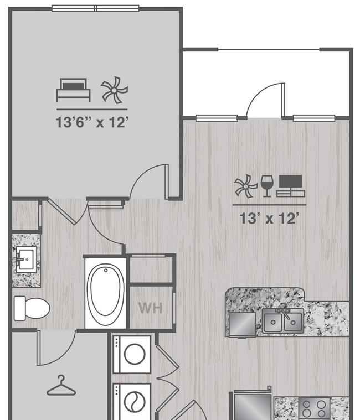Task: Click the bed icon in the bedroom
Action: pyautogui.click(x=73, y=90)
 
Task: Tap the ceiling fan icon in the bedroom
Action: pyautogui.click(x=115, y=90)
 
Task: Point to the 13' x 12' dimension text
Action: pyautogui.click(x=269, y=218)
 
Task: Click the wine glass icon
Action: pyautogui.click(x=267, y=186)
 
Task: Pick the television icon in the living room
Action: pyautogui.click(x=291, y=186)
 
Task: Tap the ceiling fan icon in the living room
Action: pyautogui.click(x=245, y=186)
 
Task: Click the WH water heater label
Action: pyautogui.click(x=151, y=308)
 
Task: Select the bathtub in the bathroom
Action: pyautogui.click(x=106, y=293)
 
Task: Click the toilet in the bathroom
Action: pyautogui.click(x=32, y=308)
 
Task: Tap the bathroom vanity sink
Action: pyautogui.click(x=26, y=260)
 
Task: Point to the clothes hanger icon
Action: pyautogui.click(x=61, y=386)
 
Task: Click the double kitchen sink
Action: pyautogui.click(x=283, y=321)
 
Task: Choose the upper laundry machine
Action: pyautogui.click(x=132, y=354)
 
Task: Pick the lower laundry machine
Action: pyautogui.click(x=132, y=402)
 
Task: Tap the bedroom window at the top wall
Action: pyautogui.click(x=95, y=8)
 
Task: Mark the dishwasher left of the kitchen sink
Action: pyautogui.click(x=243, y=324)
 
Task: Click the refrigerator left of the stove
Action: pyautogui.click(x=253, y=405)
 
